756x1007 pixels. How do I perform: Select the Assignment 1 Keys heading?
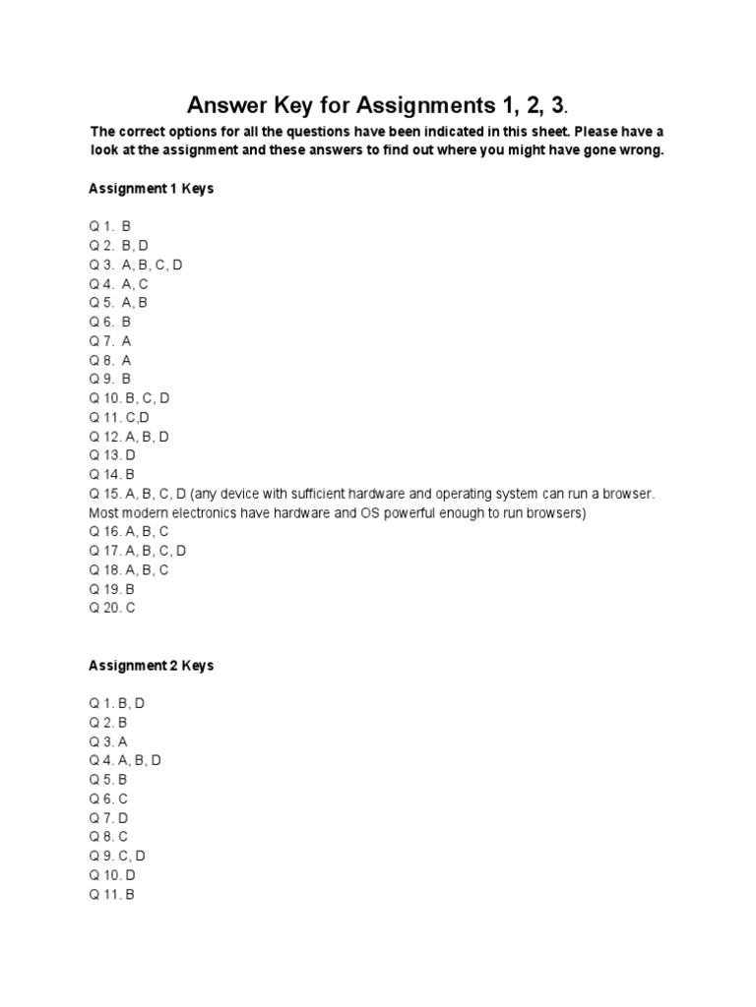tap(152, 189)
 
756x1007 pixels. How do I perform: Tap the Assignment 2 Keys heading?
tap(152, 666)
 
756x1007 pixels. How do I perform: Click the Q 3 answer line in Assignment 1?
tap(136, 265)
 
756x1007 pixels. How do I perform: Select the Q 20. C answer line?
tap(112, 609)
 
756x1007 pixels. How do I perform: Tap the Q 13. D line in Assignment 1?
tap(112, 455)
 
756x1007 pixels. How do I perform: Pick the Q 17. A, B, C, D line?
tap(138, 551)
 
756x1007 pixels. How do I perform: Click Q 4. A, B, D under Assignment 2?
tap(125, 761)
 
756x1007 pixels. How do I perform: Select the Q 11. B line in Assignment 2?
tap(111, 895)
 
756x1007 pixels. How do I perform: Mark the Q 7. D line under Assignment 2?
tap(109, 818)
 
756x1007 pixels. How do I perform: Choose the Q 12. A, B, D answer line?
tap(130, 437)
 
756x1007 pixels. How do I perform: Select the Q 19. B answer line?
tap(112, 589)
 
